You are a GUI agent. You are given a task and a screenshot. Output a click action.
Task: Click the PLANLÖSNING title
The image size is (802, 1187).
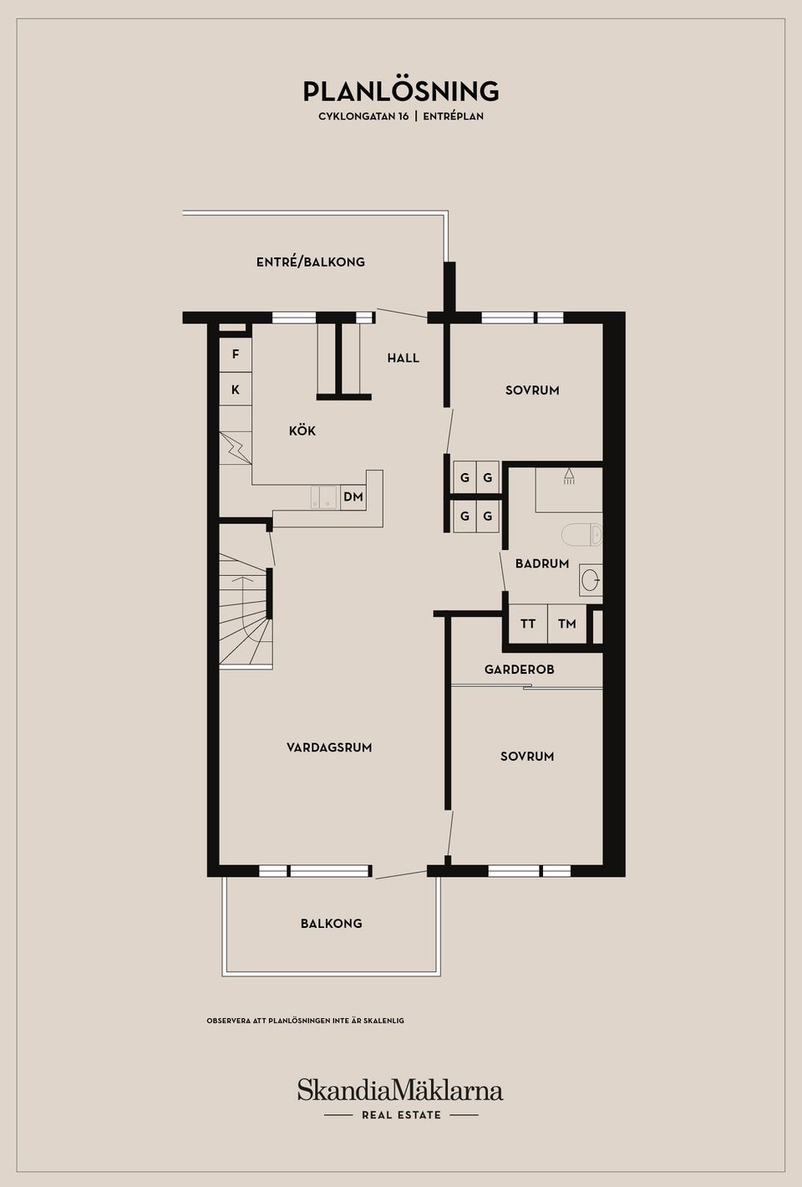click(401, 90)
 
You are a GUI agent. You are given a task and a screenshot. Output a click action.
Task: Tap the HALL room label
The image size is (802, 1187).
click(404, 359)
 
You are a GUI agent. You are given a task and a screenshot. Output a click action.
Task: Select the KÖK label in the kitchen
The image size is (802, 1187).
click(302, 430)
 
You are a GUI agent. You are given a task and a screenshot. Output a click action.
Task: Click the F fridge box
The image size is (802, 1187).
click(236, 354)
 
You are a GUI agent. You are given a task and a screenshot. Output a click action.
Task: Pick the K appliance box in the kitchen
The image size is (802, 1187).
click(236, 389)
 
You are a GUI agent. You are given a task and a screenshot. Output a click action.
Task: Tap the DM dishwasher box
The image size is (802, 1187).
click(353, 497)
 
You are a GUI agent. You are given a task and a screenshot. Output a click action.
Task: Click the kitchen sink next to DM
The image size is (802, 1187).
click(323, 497)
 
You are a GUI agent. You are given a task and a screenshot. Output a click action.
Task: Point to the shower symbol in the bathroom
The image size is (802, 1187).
click(569, 476)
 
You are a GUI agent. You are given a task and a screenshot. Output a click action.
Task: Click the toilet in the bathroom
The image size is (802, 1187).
click(581, 534)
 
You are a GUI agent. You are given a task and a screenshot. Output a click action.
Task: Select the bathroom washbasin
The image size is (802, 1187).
click(591, 580)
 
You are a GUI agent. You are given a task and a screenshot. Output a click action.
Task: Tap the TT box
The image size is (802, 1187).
click(528, 624)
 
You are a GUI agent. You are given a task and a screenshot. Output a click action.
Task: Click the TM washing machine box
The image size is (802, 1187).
click(566, 624)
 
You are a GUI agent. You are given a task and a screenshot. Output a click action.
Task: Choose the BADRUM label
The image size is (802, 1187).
click(542, 563)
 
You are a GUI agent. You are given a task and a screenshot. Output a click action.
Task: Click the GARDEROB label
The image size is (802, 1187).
click(519, 670)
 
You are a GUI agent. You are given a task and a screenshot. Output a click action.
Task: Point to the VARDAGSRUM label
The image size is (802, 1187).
click(329, 747)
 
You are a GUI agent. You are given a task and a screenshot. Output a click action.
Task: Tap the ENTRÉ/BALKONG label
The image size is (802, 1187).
click(311, 262)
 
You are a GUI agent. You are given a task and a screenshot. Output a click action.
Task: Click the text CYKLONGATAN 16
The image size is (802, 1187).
click(363, 116)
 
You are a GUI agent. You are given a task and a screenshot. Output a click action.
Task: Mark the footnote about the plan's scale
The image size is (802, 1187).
click(305, 1020)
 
